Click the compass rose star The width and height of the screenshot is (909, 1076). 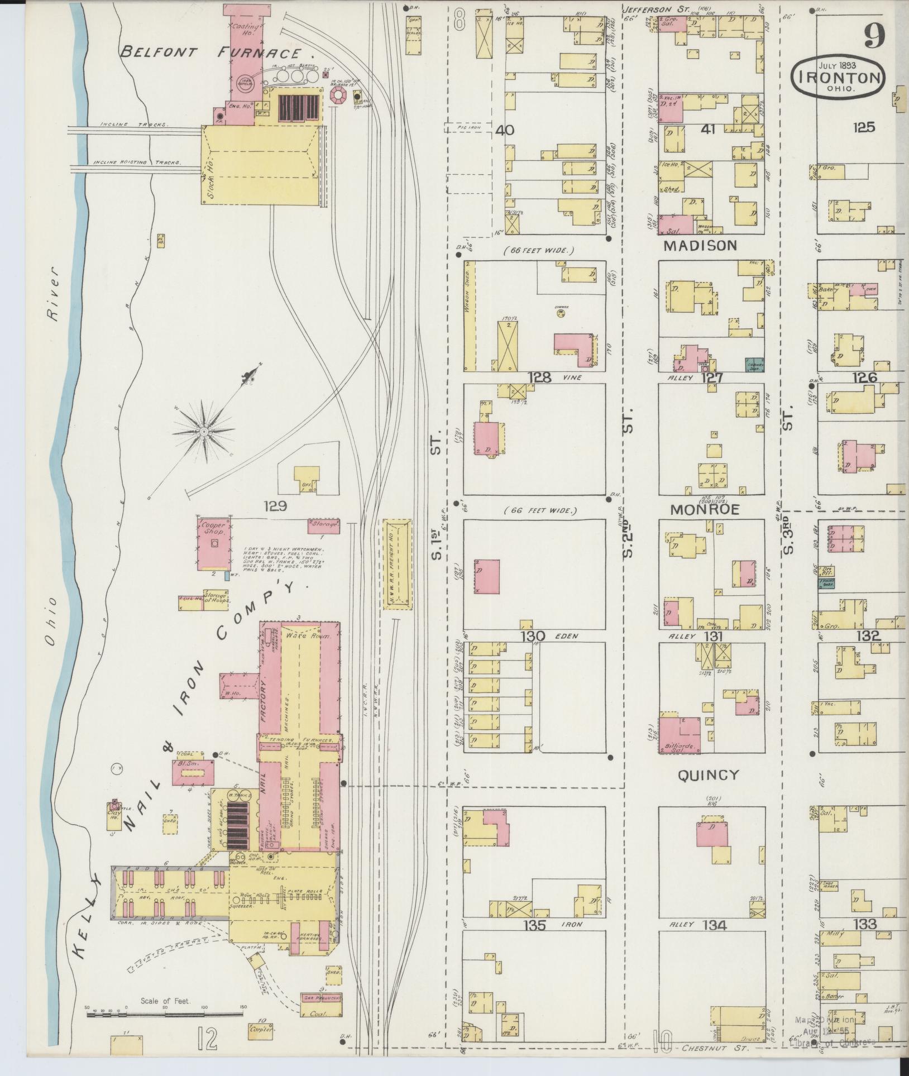(205, 432)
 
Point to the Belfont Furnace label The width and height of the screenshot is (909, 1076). (218, 54)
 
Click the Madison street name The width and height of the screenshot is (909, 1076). (700, 246)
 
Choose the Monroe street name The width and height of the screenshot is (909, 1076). (705, 509)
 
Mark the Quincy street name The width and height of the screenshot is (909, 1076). (708, 775)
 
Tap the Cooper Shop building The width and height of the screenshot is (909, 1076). (214, 543)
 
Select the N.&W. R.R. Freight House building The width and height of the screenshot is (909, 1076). (399, 564)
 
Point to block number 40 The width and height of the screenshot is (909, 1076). (504, 130)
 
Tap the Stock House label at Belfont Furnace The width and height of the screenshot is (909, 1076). (210, 176)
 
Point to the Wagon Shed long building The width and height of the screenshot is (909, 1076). (470, 316)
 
